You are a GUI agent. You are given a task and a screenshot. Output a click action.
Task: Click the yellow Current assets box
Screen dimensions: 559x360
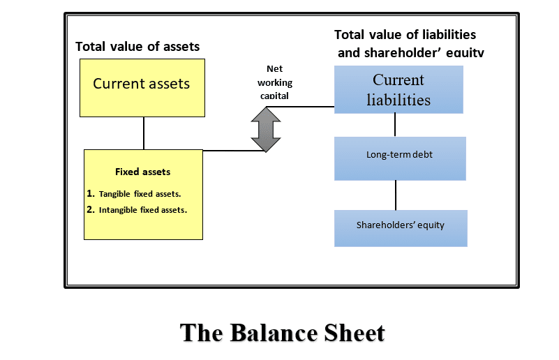142,88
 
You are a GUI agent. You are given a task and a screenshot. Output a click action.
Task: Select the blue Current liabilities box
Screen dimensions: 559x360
398,89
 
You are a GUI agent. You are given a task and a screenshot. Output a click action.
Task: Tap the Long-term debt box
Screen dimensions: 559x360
400,158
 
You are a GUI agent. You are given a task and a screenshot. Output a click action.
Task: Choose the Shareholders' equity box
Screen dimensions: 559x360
401,228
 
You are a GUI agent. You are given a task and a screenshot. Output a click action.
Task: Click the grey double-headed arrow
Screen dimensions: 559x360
266,130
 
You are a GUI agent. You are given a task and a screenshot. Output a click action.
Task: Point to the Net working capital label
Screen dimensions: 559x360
275,82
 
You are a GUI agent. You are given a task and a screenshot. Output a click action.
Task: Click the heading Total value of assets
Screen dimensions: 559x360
137,47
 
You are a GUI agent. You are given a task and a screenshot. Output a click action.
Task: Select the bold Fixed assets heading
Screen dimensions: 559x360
142,172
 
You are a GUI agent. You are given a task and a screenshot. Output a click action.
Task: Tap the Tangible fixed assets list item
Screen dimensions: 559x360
140,194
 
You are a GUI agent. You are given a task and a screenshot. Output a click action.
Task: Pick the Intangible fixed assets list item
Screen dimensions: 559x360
143,210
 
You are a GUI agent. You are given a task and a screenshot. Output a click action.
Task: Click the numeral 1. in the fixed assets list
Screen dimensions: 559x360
91,193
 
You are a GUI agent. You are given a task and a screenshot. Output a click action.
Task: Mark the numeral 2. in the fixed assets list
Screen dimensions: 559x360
91,209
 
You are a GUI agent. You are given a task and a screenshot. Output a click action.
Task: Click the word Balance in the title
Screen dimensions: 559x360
274,333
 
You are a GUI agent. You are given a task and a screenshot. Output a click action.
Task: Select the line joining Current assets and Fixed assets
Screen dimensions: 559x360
144,133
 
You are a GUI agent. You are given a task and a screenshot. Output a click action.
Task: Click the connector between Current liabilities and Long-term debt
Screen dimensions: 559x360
395,125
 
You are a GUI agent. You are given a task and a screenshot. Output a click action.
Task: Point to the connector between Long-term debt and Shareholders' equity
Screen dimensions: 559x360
396,195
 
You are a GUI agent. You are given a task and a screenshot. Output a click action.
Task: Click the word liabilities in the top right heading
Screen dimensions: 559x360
449,35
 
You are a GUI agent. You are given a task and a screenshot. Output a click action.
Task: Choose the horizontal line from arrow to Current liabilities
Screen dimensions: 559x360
300,107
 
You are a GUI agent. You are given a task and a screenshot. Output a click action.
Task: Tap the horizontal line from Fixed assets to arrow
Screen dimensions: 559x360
234,151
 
